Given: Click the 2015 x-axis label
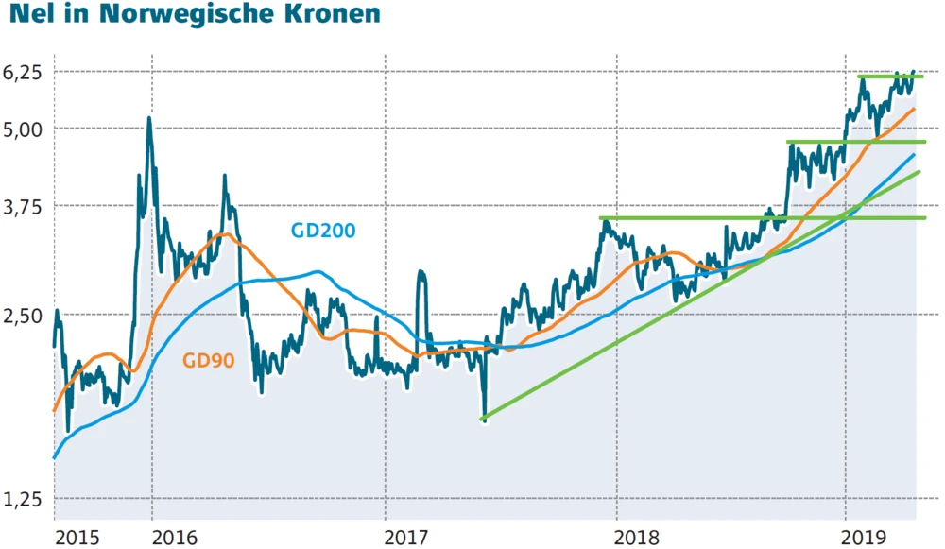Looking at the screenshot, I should (77, 537).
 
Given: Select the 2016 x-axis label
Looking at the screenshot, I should (174, 537).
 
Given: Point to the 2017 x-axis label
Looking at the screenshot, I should (408, 537).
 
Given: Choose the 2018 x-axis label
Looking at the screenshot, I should (640, 537).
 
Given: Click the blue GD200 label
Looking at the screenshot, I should (323, 231).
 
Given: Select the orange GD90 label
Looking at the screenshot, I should (208, 360).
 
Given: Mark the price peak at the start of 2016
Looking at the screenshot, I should (149, 118).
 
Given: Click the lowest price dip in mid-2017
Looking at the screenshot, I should (485, 420).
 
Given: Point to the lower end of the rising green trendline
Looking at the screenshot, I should (483, 418).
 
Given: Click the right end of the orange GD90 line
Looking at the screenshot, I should (914, 110).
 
